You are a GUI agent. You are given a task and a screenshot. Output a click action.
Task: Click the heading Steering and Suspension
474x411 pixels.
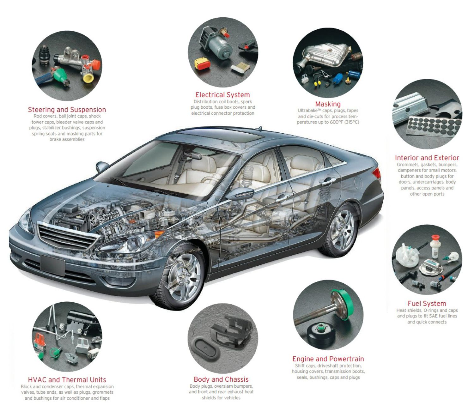point(67,110)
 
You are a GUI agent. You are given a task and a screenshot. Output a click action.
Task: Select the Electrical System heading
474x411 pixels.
point(222,95)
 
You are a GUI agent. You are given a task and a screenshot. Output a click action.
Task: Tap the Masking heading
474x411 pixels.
point(328,104)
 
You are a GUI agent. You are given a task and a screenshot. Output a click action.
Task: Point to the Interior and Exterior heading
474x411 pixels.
point(427,158)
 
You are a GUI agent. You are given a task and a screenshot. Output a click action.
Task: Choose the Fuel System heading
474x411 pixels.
point(427,303)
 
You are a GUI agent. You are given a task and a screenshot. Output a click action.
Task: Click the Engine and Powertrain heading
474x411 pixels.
point(328,359)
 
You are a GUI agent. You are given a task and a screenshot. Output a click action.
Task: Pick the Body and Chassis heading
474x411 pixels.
point(221,379)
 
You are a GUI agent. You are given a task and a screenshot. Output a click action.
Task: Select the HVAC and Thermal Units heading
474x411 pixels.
point(67,380)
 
